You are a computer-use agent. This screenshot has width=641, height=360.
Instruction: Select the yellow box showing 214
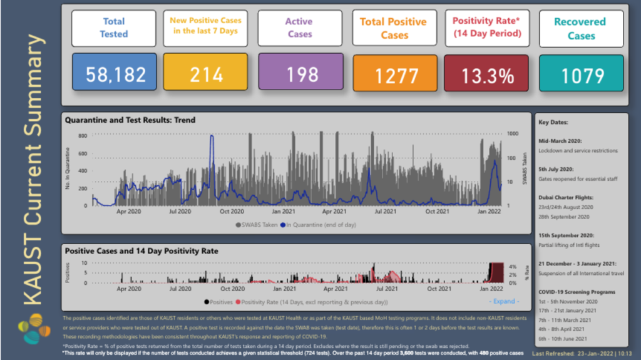[x=207, y=75]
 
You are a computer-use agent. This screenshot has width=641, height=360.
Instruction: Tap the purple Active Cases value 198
[x=300, y=75]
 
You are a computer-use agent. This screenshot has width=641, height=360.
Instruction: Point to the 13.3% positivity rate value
[x=488, y=76]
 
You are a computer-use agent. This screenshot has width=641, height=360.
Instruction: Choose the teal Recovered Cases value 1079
[x=582, y=76]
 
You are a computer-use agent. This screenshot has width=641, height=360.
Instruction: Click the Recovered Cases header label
[x=581, y=29]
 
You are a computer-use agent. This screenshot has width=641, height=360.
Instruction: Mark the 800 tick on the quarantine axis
[x=83, y=135]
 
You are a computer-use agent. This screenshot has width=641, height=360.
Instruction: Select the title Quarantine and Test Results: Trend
[x=130, y=120]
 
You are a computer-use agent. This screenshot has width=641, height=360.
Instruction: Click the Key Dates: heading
[x=553, y=123]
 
